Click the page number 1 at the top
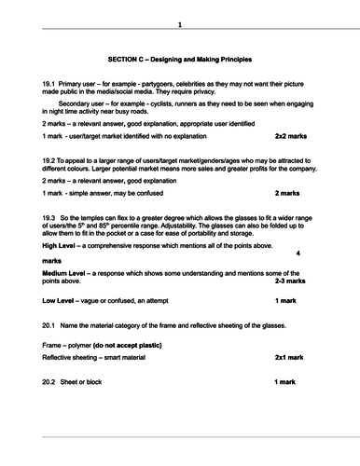pyautogui.click(x=180, y=24)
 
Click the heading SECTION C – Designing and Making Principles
pyautogui.click(x=179, y=58)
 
